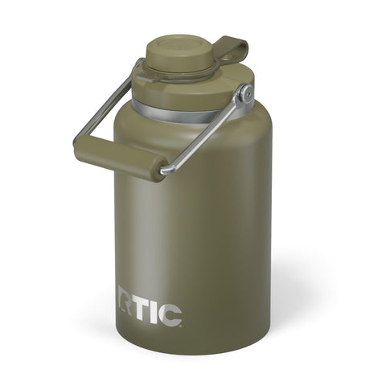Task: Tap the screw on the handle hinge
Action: click(246, 95)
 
